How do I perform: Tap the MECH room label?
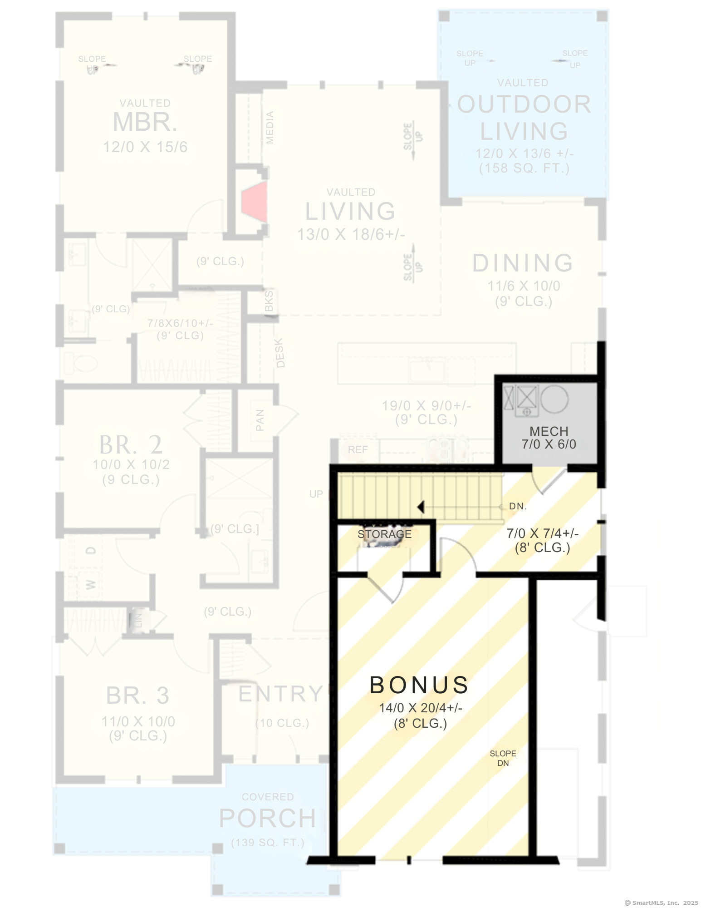click(549, 431)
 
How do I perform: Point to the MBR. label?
click(145, 122)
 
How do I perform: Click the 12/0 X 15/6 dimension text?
click(145, 147)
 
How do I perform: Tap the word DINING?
click(523, 263)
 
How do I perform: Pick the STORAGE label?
click(384, 534)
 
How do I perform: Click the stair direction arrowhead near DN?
click(421, 507)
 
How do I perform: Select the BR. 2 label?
click(131, 445)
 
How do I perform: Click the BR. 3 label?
click(137, 696)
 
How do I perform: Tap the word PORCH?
click(267, 819)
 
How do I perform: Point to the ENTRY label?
click(280, 694)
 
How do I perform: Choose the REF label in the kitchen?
click(358, 450)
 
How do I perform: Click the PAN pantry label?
click(260, 420)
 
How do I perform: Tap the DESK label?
click(280, 353)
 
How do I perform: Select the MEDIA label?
click(270, 128)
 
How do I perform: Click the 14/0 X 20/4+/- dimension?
click(421, 708)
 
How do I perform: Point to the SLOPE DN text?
click(503, 758)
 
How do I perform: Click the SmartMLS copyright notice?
click(661, 903)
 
